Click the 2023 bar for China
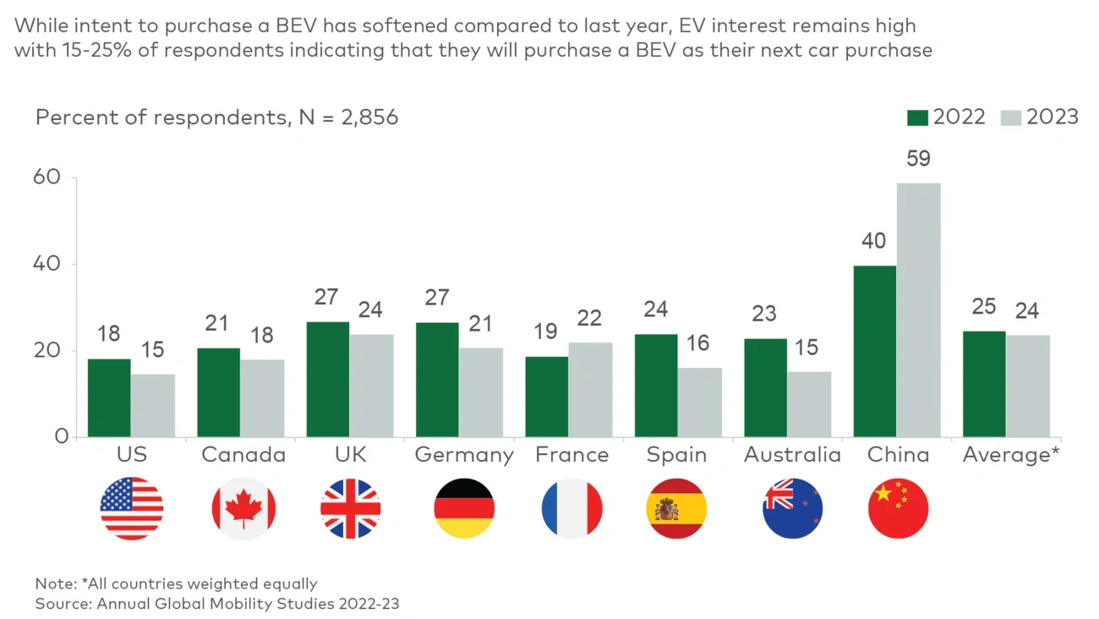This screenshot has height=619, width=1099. coord(918,310)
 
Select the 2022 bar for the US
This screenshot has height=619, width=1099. coord(109,398)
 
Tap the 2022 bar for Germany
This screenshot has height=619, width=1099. coord(437,380)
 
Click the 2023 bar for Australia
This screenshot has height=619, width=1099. coord(809,404)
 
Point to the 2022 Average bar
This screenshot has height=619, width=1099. coord(984,384)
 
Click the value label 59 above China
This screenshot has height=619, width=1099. coord(918,159)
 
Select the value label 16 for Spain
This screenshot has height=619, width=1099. coord(698,343)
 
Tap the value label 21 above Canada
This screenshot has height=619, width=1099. coord(217,324)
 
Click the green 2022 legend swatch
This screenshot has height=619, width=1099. coord(917,118)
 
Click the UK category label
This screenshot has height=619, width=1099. coord(350,455)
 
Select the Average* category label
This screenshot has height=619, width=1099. coord(1011,455)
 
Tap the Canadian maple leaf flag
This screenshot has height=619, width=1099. coord(243,509)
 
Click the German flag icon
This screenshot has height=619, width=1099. coord(463,509)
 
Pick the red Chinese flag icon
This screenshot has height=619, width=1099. coord(898,509)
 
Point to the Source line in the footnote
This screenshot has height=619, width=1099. coord(217,604)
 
